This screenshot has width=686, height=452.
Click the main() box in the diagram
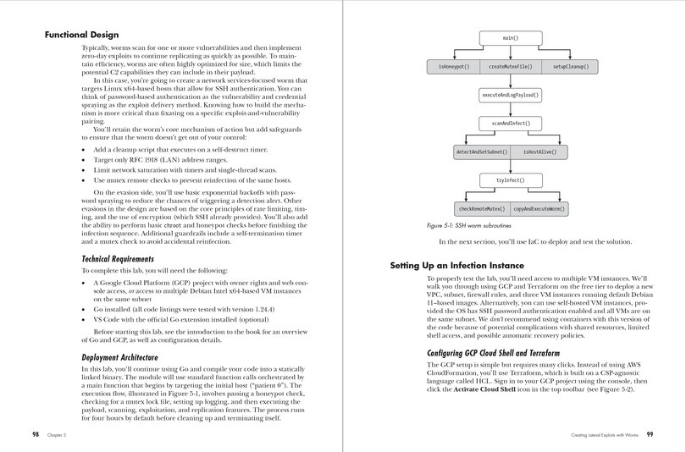point(510,38)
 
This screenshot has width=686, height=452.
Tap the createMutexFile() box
point(510,65)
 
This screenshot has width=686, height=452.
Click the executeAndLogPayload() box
point(510,95)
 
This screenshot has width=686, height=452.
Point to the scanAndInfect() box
point(510,123)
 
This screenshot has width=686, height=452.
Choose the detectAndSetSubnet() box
point(481,152)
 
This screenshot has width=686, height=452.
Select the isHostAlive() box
point(539,152)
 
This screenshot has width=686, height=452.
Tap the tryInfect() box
point(510,180)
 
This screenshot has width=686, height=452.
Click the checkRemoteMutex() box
point(481,208)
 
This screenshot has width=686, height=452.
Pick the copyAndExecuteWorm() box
point(539,208)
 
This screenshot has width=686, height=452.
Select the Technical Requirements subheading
point(123,257)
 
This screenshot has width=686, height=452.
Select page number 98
point(36,433)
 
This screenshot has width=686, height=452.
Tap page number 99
point(648,433)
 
